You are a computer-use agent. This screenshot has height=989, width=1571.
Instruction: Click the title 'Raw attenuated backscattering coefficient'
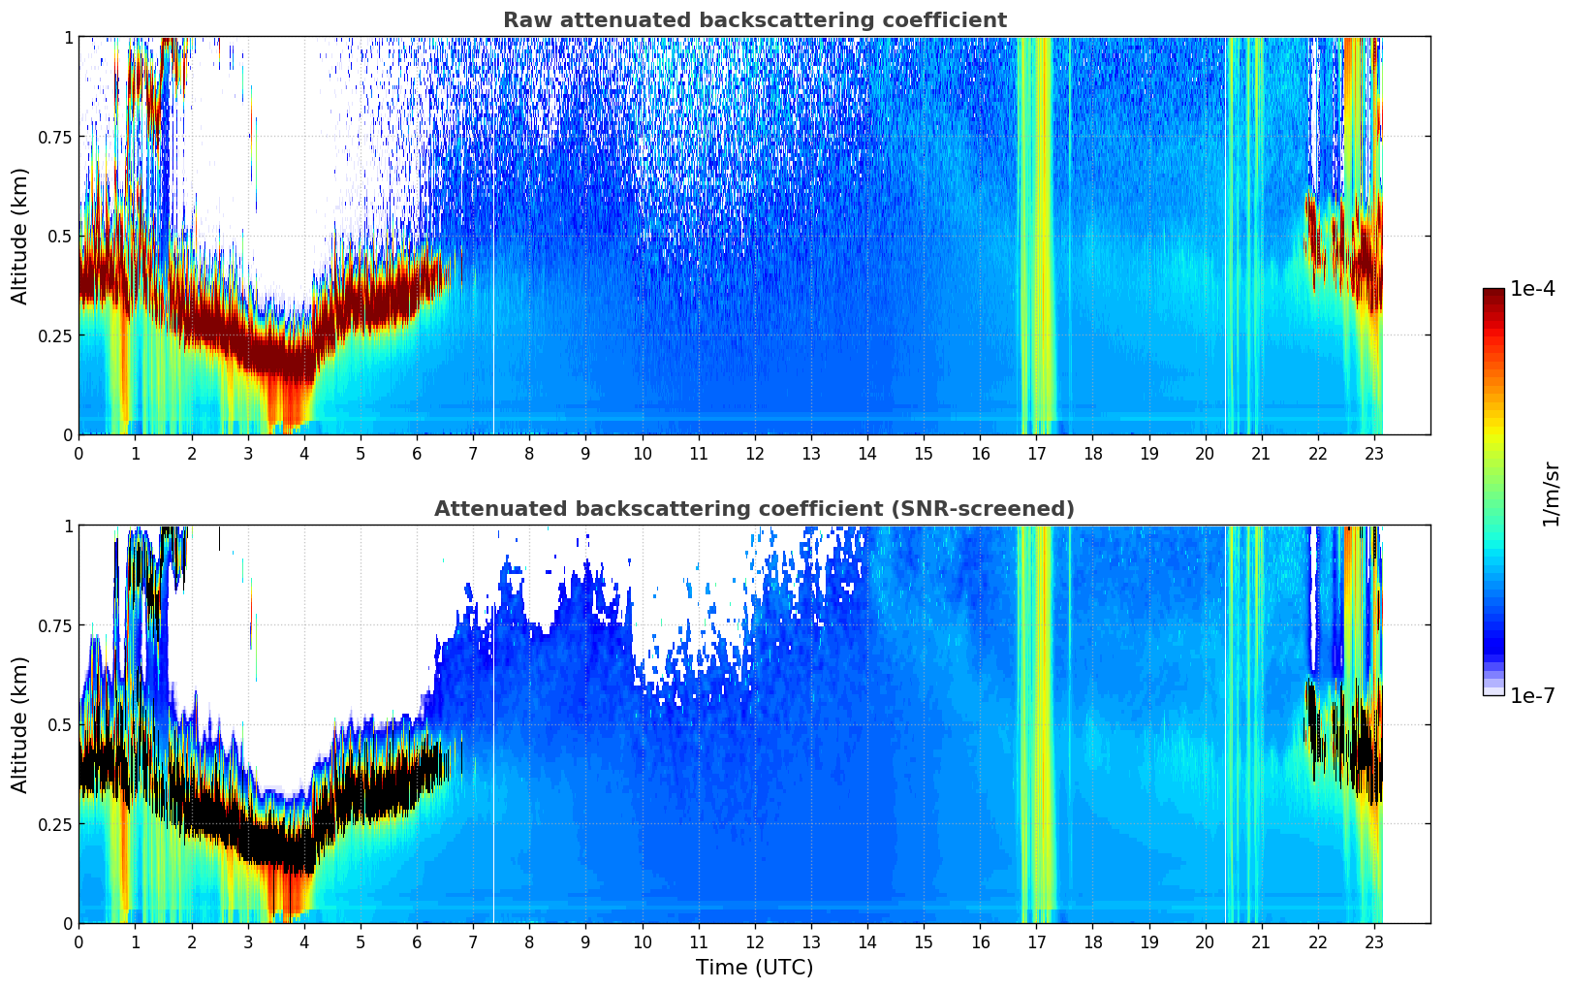click(754, 20)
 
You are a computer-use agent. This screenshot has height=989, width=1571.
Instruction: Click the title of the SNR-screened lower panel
click(754, 509)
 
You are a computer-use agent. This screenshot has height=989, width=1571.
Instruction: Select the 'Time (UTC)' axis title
click(754, 968)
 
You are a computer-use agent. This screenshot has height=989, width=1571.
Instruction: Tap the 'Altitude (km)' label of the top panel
click(20, 236)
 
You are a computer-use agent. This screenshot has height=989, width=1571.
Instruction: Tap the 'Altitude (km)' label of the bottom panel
click(20, 724)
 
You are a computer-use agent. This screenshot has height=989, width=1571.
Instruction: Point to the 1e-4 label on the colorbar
click(1532, 290)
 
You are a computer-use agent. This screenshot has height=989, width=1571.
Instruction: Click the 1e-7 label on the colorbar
click(1532, 696)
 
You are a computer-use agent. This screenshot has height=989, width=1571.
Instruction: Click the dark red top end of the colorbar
click(1493, 294)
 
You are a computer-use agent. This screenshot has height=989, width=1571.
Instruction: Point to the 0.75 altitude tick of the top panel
click(56, 137)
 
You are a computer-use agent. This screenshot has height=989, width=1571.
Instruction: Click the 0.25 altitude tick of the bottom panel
click(56, 824)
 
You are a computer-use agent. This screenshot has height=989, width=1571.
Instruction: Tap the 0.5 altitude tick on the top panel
click(61, 237)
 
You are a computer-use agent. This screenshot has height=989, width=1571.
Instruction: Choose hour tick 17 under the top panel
click(1036, 453)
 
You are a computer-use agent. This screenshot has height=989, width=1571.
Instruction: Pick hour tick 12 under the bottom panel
click(755, 941)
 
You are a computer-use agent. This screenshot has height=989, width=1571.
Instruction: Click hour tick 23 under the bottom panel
click(1374, 941)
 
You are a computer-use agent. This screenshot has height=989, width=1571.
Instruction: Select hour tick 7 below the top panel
click(473, 453)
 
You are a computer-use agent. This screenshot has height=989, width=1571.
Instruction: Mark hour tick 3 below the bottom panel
click(248, 941)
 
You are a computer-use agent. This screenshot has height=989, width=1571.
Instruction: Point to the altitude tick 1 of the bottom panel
click(68, 526)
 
